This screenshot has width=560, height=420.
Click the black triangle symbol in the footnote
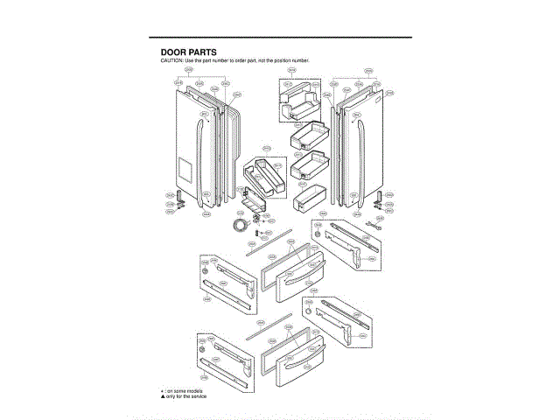(x=162, y=395)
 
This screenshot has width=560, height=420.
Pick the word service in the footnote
(x=199, y=395)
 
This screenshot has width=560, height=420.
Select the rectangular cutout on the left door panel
(x=185, y=166)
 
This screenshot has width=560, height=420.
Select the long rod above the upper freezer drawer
(x=267, y=246)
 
